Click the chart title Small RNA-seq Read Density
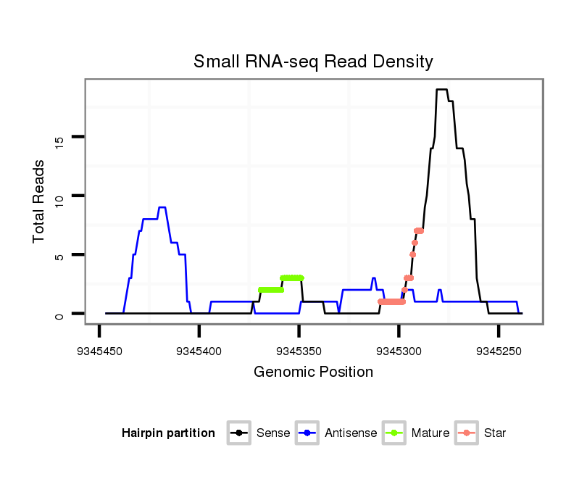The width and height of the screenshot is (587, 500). [313, 62]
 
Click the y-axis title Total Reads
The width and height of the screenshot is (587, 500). [41, 201]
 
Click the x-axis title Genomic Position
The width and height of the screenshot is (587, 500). [313, 372]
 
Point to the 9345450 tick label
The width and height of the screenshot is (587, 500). [99, 351]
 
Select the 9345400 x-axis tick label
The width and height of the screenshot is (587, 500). [199, 351]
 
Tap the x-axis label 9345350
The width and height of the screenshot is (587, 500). [299, 351]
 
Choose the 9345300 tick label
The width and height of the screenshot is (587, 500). [399, 351]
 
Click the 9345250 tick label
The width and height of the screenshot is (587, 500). [499, 351]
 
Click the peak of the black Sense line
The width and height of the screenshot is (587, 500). [441, 90]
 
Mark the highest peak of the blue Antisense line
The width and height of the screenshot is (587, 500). [162, 208]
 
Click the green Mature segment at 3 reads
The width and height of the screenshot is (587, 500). [291, 278]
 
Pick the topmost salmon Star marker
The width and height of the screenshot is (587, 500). [419, 230]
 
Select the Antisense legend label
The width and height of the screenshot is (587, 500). [351, 433]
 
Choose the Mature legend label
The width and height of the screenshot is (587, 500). [430, 433]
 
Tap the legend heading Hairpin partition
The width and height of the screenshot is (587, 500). [168, 433]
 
